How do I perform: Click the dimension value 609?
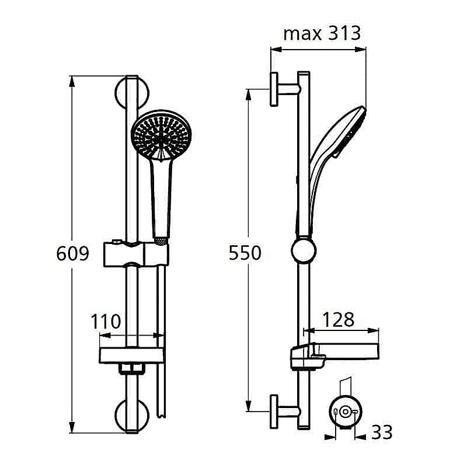point(72,254)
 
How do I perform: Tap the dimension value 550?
point(245,253)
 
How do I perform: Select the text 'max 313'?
point(322,33)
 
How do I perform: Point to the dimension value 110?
point(106,321)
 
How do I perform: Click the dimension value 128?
point(339,319)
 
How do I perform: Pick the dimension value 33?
point(382,433)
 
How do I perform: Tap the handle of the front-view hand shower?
point(160,198)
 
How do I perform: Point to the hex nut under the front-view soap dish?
point(132,368)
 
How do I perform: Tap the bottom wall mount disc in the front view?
point(133,416)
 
